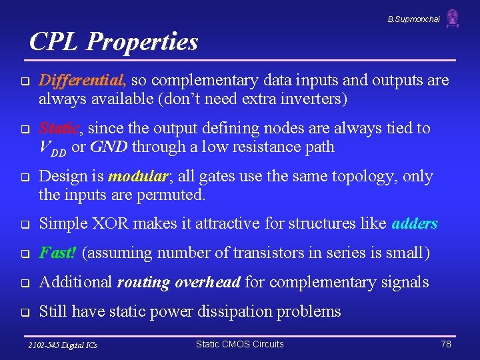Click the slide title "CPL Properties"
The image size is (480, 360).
tap(114, 42)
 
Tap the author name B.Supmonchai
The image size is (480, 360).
tap(413, 19)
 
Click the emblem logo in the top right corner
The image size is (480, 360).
tap(453, 19)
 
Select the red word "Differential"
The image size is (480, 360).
tap(82, 81)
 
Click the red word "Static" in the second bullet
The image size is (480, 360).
tap(61, 128)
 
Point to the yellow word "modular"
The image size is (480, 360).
tap(137, 177)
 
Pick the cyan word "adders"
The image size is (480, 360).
tap(415, 223)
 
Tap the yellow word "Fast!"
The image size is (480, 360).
tap(58, 253)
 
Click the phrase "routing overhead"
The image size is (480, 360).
tap(178, 282)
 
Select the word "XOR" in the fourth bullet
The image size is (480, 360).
tap(109, 223)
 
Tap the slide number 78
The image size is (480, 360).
tap(446, 344)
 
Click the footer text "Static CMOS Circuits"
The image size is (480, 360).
tap(239, 344)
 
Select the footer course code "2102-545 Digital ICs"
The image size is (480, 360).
tap(63, 345)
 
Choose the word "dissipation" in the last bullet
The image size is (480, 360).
tap(256, 311)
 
